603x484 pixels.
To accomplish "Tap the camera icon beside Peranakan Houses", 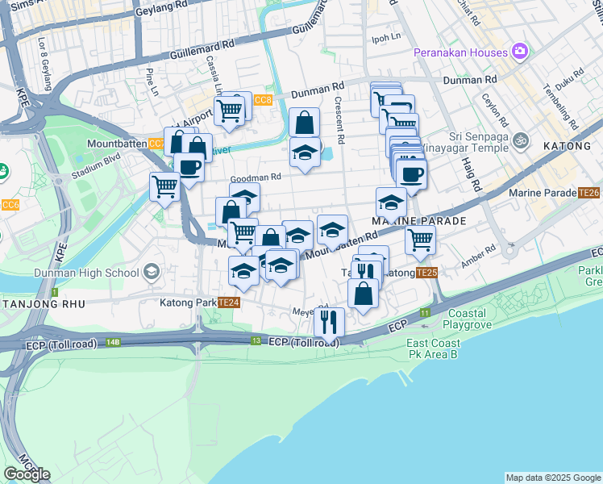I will (x=521, y=52).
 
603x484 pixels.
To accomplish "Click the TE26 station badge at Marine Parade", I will (x=588, y=193).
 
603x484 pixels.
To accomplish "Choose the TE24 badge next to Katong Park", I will (x=229, y=302).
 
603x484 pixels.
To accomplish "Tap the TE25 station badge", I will (x=426, y=273).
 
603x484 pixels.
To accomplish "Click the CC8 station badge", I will (x=263, y=100).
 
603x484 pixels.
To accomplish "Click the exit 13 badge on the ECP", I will (x=256, y=341).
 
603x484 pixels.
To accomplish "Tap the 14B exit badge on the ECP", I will (x=113, y=343).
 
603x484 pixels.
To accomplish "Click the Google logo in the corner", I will (x=27, y=474).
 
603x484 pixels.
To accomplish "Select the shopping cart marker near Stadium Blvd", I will (x=164, y=187).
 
